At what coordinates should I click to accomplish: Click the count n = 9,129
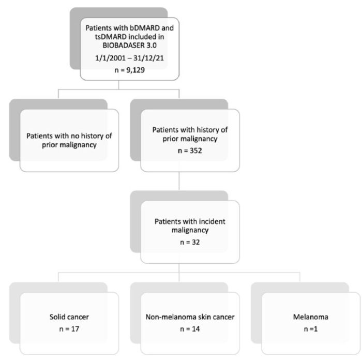pos(129,70)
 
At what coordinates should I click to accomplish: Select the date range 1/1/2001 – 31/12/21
pos(129,58)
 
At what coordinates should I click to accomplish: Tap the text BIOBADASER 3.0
pos(129,46)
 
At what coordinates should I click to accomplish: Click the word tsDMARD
pos(111,37)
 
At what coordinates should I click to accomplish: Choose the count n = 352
pos(190,151)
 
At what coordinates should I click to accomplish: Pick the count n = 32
pos(190,242)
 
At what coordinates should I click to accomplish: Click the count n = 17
pos(69,328)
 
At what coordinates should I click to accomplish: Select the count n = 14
pos(190,328)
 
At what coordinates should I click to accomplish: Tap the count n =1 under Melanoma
pos(310,328)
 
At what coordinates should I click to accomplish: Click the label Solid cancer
pos(69,316)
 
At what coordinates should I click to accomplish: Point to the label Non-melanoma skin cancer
pos(190,316)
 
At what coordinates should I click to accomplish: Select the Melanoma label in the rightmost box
pos(310,316)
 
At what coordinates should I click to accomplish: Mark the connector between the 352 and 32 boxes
pos(179,181)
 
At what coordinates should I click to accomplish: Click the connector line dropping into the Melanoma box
pos(300,277)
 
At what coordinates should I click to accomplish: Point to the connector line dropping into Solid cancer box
pos(58,277)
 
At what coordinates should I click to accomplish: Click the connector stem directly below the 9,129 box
pos(118,85)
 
